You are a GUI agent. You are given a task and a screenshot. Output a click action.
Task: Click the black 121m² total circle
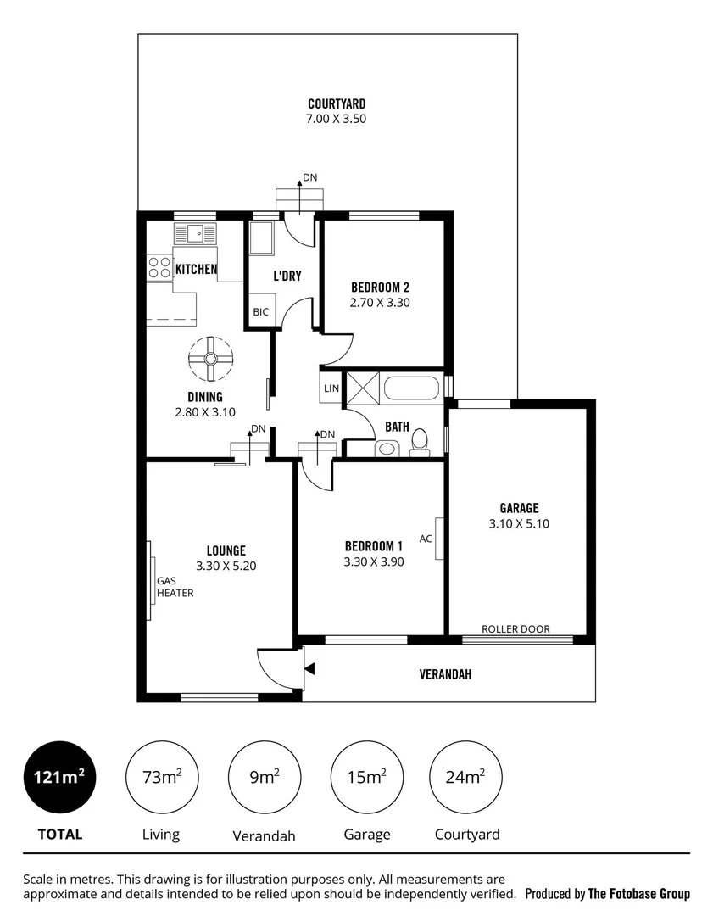point(59,776)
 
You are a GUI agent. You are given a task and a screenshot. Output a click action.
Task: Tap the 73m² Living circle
point(161,776)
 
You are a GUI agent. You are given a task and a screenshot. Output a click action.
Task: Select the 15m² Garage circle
point(366,776)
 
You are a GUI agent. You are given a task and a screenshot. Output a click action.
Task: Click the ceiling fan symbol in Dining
point(210,360)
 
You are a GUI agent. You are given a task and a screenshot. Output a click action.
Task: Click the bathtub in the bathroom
point(411,389)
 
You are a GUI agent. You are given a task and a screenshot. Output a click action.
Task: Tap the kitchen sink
point(196,232)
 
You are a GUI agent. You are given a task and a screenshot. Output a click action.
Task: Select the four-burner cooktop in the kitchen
point(159,268)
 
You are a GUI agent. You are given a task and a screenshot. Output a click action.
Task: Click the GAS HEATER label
point(175,587)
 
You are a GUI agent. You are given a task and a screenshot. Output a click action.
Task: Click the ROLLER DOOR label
point(515,629)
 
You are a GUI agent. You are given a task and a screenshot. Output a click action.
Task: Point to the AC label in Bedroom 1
point(426,539)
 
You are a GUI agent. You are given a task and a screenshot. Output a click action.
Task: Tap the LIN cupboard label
point(331,388)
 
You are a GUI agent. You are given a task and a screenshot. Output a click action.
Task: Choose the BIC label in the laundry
point(260,312)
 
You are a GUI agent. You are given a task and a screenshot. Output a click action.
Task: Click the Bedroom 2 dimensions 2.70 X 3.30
point(380,302)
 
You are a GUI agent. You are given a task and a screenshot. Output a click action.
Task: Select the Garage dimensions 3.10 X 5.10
point(519,524)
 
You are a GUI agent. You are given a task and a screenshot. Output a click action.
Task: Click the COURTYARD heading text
point(337,104)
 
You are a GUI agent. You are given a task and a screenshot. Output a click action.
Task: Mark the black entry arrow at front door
point(310,670)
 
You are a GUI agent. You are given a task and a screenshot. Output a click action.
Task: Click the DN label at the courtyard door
point(310,178)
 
